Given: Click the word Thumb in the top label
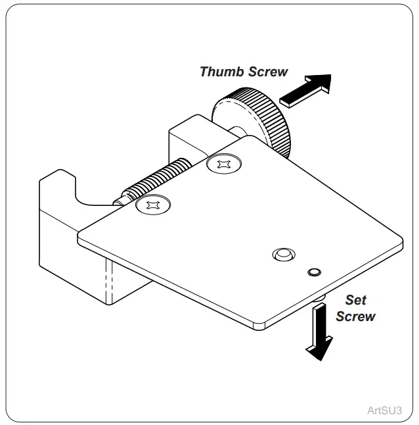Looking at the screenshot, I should coord(221,71).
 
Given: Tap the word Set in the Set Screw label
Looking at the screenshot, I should coord(355,300).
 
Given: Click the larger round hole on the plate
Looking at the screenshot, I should coord(284,254).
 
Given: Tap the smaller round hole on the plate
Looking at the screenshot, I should coord(314,271).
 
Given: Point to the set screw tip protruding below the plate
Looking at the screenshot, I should coord(318,299).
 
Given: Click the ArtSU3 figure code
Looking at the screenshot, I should coord(384,409).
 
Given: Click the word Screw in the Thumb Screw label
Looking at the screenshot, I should coord(266,71).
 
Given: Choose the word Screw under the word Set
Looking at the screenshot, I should coord(355,316).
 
